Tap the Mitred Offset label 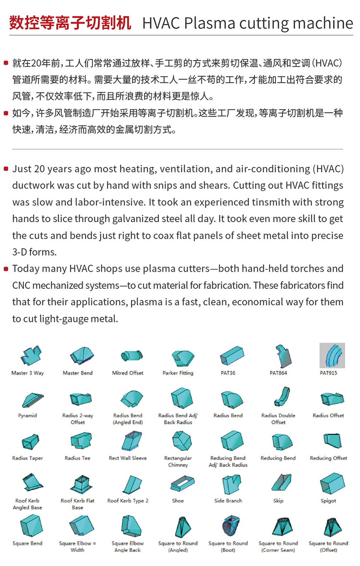pyautogui.click(x=128, y=373)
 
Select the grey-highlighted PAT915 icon pyautogui.click(x=332, y=355)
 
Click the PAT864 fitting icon pyautogui.click(x=283, y=355)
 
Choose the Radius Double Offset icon pyautogui.click(x=281, y=396)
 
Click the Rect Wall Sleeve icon pyautogui.click(x=130, y=441)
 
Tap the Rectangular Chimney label pyautogui.click(x=178, y=461)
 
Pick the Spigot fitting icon pyautogui.click(x=332, y=483)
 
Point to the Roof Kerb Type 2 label pyautogui.click(x=128, y=501)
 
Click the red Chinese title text pyautogui.click(x=70, y=23)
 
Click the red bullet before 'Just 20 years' pyautogui.click(x=6, y=169)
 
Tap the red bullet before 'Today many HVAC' pyautogui.click(x=6, y=269)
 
